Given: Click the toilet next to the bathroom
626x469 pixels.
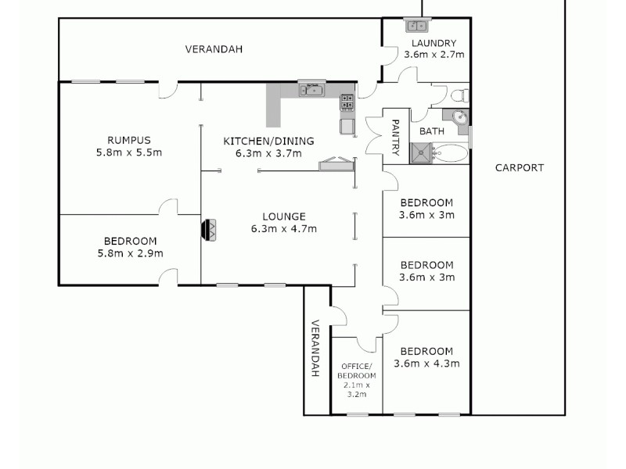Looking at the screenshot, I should tap(461, 96).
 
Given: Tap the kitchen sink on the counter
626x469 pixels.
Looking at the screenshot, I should tap(312, 90).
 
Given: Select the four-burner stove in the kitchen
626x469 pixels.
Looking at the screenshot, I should tap(346, 102).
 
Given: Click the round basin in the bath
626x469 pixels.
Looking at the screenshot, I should tap(462, 120).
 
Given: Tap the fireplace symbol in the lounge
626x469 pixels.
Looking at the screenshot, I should tap(210, 231).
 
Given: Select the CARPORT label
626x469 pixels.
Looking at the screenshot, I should tap(519, 167).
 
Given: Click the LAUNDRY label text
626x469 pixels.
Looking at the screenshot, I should tap(434, 43).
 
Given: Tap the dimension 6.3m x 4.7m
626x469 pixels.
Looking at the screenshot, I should tap(283, 229).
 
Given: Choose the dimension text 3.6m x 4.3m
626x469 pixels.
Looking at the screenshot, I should tap(426, 363).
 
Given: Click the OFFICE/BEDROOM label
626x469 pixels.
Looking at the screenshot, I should tap(356, 371).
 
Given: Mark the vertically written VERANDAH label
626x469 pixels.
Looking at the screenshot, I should tap(315, 349).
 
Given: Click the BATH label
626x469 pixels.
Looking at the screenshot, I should tap(432, 131).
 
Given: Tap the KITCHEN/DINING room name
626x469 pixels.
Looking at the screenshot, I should tap(268, 141).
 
